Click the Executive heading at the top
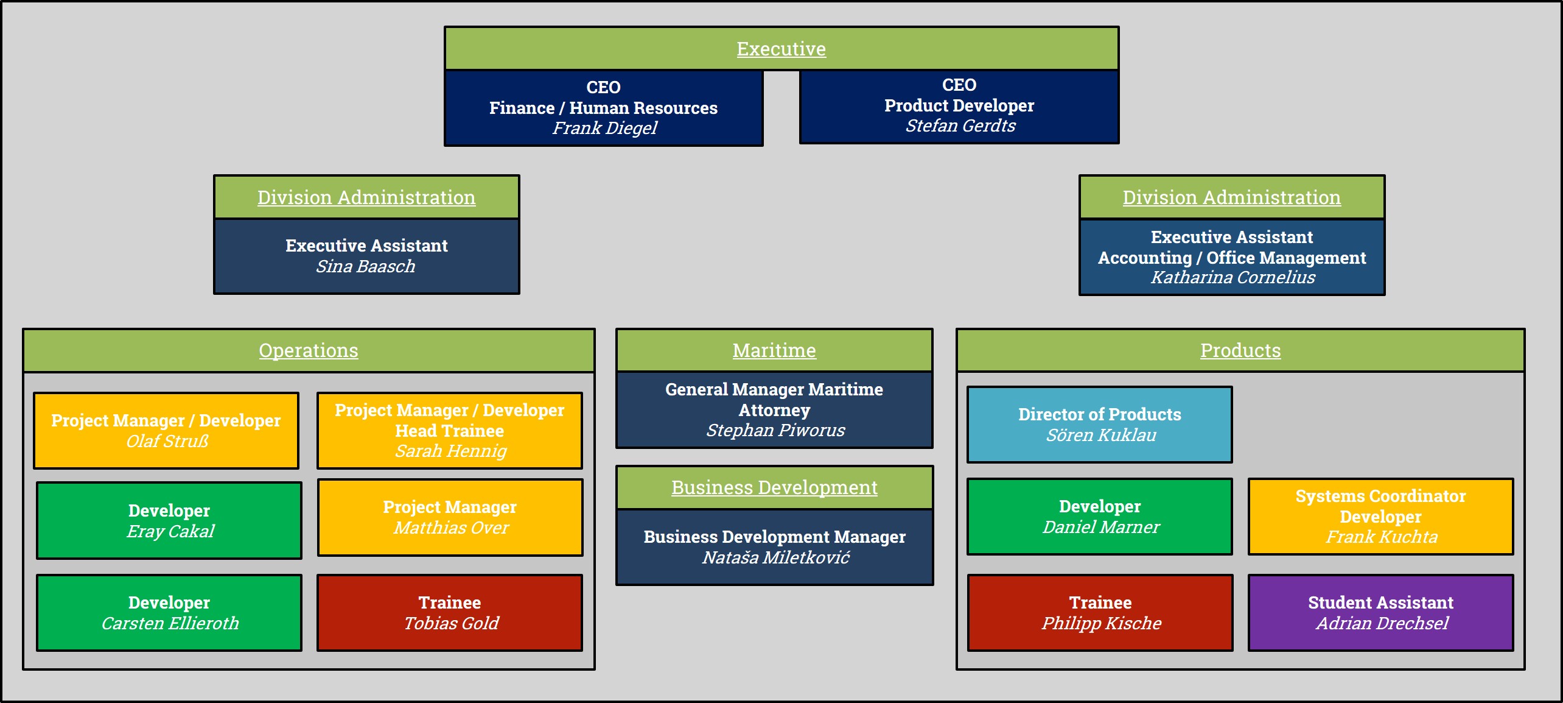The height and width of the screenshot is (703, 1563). [781, 49]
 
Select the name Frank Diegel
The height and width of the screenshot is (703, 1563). [604, 128]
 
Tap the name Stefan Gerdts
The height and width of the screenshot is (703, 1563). [960, 125]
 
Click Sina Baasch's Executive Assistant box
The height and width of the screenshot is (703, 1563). [366, 256]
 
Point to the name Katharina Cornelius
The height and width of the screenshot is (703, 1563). [1233, 277]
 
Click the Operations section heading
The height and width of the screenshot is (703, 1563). [309, 350]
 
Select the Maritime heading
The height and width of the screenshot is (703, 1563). [774, 350]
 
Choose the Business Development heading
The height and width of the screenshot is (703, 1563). [774, 487]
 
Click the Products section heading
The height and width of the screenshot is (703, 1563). [1240, 350]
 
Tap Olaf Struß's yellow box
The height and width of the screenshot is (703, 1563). [166, 431]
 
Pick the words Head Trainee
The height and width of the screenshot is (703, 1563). [450, 431]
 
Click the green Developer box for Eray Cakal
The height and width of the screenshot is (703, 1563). [169, 521]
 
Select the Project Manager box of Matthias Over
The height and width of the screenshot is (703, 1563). [450, 517]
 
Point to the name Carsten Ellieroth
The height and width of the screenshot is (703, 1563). [170, 623]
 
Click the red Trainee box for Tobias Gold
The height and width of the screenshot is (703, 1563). [450, 613]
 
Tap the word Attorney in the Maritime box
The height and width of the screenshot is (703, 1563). [774, 410]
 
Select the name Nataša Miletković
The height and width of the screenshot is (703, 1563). [775, 557]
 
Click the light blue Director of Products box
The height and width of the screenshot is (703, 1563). [1100, 425]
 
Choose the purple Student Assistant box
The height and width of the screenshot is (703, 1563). [1381, 613]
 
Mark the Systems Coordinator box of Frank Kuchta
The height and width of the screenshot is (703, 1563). [1381, 517]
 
